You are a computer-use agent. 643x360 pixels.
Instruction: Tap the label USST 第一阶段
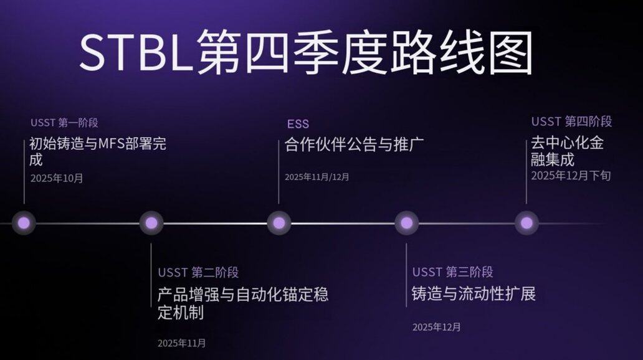(64, 123)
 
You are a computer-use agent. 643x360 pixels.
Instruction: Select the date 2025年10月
(57, 178)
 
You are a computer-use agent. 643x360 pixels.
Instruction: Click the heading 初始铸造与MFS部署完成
(98, 151)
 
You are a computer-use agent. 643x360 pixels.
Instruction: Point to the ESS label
(298, 123)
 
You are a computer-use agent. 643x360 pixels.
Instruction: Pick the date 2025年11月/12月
(317, 177)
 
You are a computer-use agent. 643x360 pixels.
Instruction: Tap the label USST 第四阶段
(571, 121)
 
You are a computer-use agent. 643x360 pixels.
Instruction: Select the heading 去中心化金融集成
(567, 151)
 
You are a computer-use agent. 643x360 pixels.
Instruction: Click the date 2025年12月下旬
(571, 176)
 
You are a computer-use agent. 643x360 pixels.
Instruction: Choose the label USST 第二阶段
(198, 272)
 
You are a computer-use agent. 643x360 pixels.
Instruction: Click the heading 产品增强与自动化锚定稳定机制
(242, 303)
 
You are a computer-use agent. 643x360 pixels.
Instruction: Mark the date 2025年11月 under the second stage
(181, 343)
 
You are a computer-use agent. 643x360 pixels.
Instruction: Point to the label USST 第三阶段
(453, 272)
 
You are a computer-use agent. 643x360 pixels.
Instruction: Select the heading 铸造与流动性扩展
(474, 293)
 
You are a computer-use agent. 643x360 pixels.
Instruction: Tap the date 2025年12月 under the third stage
(436, 327)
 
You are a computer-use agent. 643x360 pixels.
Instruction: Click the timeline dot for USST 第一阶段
(24, 222)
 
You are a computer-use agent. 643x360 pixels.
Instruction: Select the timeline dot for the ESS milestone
(279, 222)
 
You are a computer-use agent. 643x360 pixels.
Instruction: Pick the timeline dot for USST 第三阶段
(406, 222)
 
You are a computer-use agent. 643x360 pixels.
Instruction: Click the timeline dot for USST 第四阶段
(526, 222)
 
